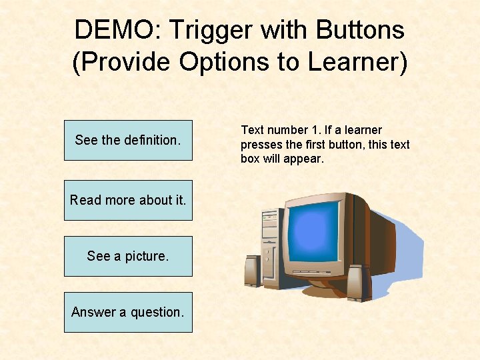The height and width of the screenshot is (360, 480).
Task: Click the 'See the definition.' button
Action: point(128,140)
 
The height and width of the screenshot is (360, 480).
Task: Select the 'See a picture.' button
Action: point(128,256)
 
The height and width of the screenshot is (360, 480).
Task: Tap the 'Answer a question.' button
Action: point(128,312)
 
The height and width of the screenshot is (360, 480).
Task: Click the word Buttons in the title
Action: point(360,30)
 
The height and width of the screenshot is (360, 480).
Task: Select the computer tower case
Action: point(271,247)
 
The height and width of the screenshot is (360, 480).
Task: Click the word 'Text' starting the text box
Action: point(252,130)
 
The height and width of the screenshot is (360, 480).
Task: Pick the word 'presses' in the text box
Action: point(261,145)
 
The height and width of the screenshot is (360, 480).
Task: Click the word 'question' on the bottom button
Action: point(156,312)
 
